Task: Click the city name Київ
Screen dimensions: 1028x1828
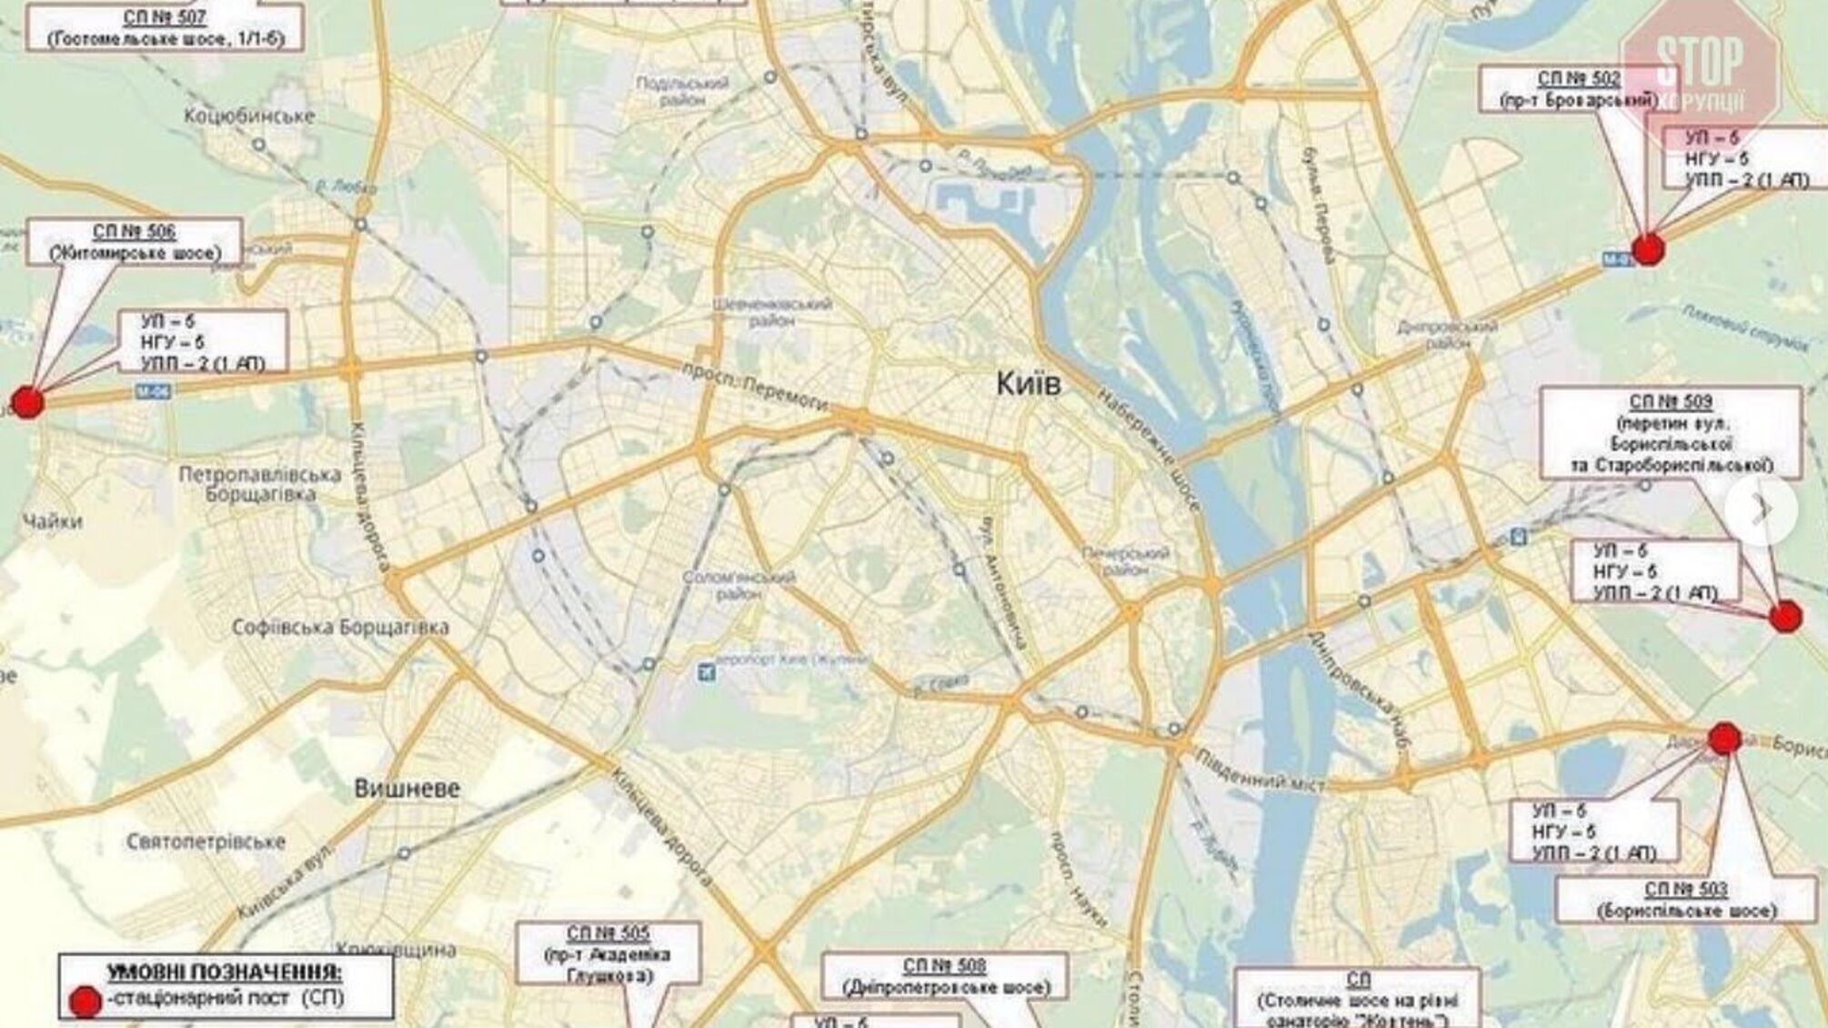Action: (x=1029, y=383)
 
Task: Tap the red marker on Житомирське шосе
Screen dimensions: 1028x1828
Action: (x=27, y=401)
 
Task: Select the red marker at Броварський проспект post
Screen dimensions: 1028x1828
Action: (x=1647, y=248)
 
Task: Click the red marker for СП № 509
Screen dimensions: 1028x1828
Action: (x=1785, y=617)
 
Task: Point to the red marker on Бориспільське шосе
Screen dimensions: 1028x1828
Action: (x=1724, y=739)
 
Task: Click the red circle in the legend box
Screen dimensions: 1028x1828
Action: (x=85, y=1002)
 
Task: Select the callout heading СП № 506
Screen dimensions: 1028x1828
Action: (x=134, y=232)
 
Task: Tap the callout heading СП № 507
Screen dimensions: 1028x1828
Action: (x=165, y=17)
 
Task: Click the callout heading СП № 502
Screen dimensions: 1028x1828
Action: (x=1579, y=79)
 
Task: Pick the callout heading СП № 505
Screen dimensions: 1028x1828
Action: (x=608, y=933)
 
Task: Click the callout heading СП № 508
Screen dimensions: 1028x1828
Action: (x=944, y=965)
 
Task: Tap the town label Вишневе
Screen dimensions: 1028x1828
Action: (x=407, y=789)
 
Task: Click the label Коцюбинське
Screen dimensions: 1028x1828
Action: (x=249, y=116)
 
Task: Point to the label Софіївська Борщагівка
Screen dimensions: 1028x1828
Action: (x=340, y=628)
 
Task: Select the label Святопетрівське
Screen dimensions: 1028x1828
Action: (x=206, y=842)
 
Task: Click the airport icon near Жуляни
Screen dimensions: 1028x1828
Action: (x=706, y=672)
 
